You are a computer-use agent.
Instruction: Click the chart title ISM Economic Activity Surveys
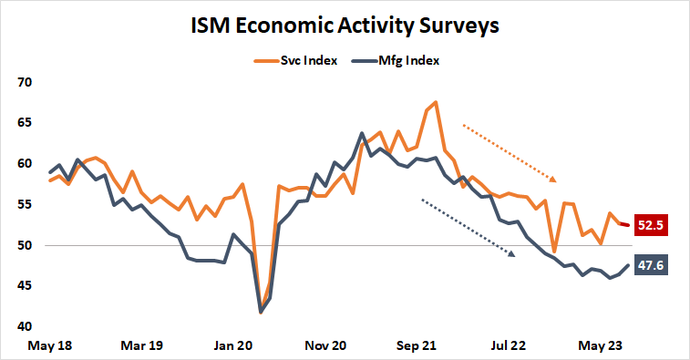click(x=344, y=26)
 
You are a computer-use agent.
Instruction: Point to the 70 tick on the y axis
click(x=25, y=82)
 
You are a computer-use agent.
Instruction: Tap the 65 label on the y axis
click(x=25, y=123)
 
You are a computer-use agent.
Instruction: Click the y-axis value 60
click(x=25, y=164)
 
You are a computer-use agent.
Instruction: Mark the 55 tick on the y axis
click(x=25, y=205)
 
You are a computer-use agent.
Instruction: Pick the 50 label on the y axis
click(x=25, y=246)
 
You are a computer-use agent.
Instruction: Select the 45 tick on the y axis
click(x=25, y=286)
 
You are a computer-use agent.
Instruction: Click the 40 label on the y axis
click(x=25, y=327)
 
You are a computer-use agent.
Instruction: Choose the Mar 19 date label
click(x=141, y=346)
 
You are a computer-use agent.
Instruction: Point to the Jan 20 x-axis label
click(x=233, y=346)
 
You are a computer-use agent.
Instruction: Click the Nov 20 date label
click(x=325, y=346)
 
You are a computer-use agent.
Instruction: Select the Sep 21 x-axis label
click(x=417, y=346)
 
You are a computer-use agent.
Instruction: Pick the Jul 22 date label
click(x=510, y=346)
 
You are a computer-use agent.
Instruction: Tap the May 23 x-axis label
click(x=602, y=346)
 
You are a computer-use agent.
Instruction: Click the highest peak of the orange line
click(x=436, y=102)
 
